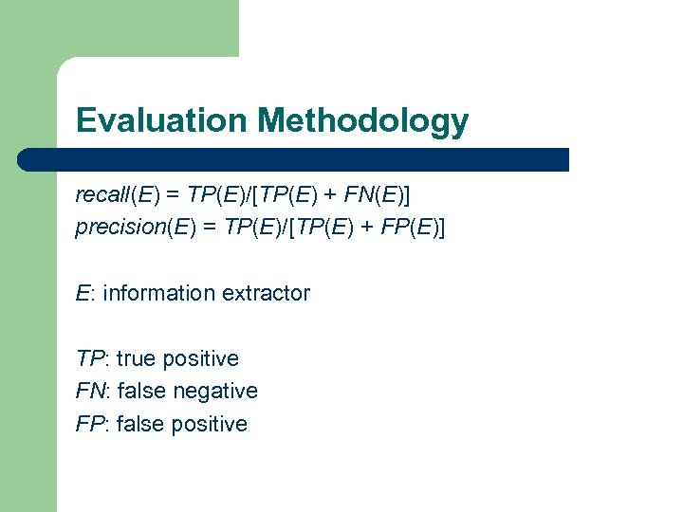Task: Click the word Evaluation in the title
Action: [161, 120]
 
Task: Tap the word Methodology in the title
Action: [363, 121]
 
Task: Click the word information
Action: [159, 293]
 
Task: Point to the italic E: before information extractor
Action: [85, 293]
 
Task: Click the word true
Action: [137, 358]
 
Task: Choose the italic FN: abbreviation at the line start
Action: [93, 391]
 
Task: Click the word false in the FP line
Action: [141, 424]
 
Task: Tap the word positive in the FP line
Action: [210, 424]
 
